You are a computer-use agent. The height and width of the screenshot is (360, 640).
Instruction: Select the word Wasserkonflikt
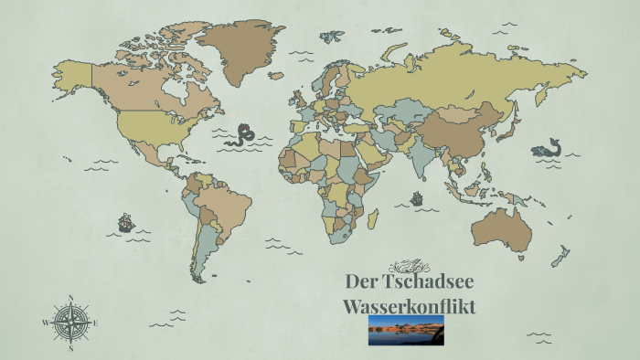[x=409, y=305]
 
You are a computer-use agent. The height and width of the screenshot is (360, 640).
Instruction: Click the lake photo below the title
[x=406, y=330]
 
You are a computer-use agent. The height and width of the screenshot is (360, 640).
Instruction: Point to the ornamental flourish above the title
[x=408, y=266]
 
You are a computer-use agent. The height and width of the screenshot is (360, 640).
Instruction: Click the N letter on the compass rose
[x=70, y=297]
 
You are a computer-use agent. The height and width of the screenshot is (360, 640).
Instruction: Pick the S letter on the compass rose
[x=70, y=348]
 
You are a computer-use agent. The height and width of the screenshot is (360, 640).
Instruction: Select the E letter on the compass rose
[x=96, y=323]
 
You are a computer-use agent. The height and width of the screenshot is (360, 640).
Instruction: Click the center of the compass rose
[x=70, y=323]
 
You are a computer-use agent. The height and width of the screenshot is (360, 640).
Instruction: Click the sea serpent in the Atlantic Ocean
[x=241, y=135]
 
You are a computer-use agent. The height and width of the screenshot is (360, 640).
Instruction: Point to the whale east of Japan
[x=546, y=148]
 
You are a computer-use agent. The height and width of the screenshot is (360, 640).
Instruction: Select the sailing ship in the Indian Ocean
[x=417, y=197]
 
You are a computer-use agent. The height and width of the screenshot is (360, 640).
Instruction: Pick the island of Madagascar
[x=372, y=219]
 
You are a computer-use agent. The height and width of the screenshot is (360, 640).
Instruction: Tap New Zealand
[x=560, y=256]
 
